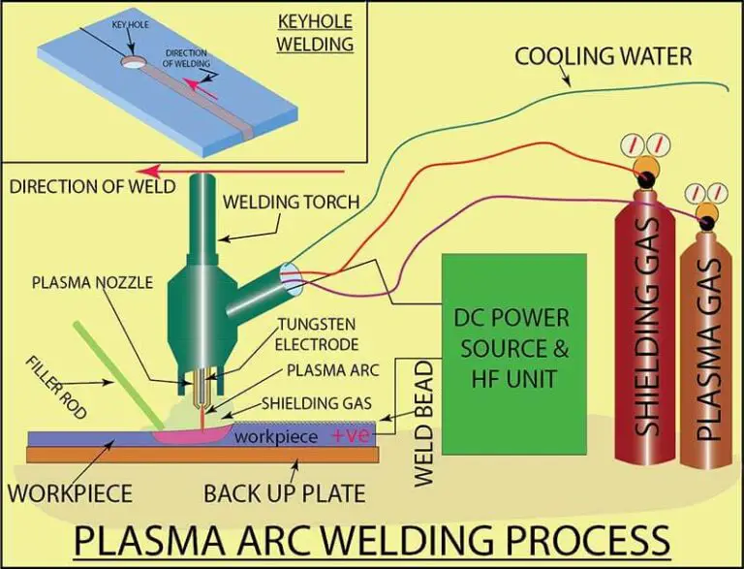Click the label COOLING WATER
[x=603, y=54]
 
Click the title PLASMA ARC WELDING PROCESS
[x=373, y=539]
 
